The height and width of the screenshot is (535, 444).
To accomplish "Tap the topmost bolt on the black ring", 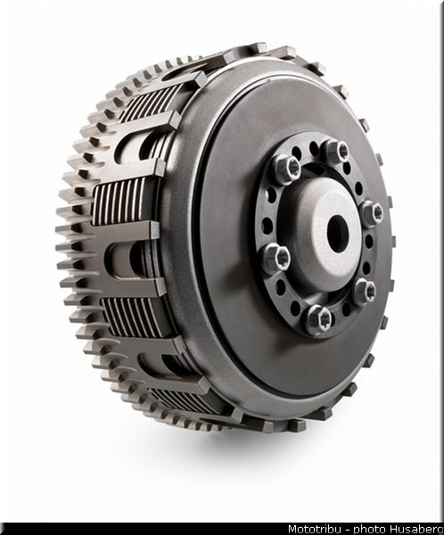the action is [x=336, y=152].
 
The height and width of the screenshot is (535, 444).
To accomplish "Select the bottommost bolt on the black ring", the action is [x=319, y=319].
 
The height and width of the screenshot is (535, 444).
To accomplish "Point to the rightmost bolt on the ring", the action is [x=373, y=214].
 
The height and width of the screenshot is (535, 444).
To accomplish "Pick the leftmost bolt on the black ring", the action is [x=276, y=259].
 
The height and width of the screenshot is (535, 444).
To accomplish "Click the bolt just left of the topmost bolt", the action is [x=287, y=169].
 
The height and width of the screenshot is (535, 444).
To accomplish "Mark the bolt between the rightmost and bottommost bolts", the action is [x=366, y=291].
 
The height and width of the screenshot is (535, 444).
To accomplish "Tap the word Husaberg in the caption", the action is [x=416, y=529].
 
